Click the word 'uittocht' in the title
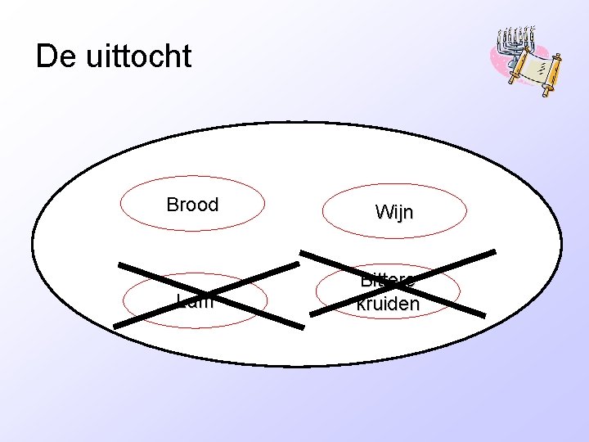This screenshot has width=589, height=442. point(137,56)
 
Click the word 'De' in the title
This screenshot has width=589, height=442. point(55,56)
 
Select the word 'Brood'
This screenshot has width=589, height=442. point(192,205)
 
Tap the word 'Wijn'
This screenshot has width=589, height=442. point(393,213)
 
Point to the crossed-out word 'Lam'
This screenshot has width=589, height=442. point(195,301)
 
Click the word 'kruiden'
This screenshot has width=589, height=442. point(388,304)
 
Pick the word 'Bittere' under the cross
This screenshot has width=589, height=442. point(387,281)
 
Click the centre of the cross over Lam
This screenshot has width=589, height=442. point(208,295)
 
